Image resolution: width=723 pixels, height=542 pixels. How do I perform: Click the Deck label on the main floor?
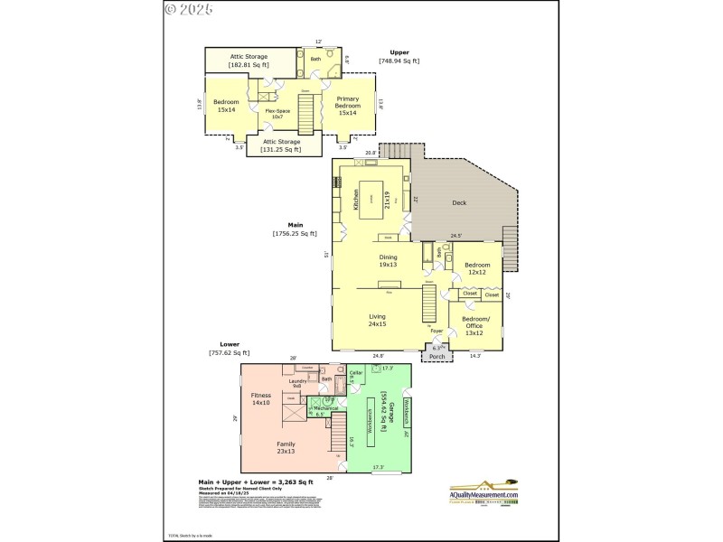pos(459,203)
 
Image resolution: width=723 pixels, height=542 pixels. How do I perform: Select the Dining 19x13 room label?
pos(388,261)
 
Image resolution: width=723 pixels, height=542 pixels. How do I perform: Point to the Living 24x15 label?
pos(378,320)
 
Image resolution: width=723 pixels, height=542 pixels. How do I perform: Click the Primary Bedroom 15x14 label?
pos(348,106)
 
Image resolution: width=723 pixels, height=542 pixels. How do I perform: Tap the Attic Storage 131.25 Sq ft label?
pos(280,145)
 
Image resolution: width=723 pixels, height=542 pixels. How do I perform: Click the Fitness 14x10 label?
pos(261,398)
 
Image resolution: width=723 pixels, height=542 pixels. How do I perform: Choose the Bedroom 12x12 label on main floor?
pos(476,268)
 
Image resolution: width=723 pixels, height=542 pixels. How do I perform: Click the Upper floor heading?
pos(399,52)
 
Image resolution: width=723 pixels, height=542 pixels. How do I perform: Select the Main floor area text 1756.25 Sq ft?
pos(295,234)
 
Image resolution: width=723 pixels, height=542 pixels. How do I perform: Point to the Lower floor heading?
pos(229,344)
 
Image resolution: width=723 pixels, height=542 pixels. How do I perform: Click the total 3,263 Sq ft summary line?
pos(256,482)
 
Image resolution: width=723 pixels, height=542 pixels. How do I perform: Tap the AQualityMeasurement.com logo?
pos(484,491)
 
